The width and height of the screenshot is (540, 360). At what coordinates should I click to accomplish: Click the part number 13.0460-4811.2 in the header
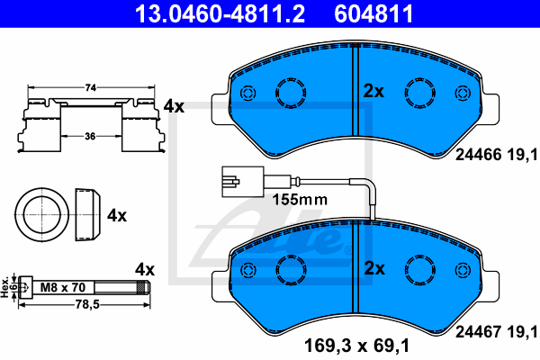(x=220, y=13)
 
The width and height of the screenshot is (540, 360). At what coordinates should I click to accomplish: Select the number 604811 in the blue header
(x=373, y=13)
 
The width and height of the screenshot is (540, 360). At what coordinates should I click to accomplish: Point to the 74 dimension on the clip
(x=91, y=88)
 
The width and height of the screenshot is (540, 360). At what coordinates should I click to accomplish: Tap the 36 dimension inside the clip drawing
(x=90, y=137)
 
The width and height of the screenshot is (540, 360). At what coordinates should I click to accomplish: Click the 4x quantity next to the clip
(x=174, y=106)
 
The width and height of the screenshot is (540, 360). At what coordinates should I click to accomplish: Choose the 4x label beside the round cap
(x=117, y=216)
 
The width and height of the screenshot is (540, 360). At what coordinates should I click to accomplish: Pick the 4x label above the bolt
(x=145, y=269)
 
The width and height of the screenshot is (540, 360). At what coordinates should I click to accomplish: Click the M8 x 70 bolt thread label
(x=63, y=287)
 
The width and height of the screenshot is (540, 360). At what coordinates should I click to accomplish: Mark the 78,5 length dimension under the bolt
(x=87, y=304)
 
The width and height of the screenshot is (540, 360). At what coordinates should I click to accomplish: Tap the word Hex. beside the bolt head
(x=4, y=286)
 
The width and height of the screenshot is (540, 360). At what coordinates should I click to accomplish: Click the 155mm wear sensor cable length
(x=300, y=200)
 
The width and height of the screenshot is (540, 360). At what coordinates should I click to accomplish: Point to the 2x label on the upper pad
(x=373, y=91)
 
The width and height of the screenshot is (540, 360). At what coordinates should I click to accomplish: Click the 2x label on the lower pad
(x=374, y=268)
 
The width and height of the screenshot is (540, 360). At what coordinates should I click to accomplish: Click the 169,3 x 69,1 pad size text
(x=356, y=346)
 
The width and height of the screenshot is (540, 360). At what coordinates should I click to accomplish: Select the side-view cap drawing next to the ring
(x=88, y=214)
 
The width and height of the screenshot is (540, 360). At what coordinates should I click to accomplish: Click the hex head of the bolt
(x=26, y=287)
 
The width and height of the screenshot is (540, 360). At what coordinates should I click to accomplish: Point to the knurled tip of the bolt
(x=143, y=287)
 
